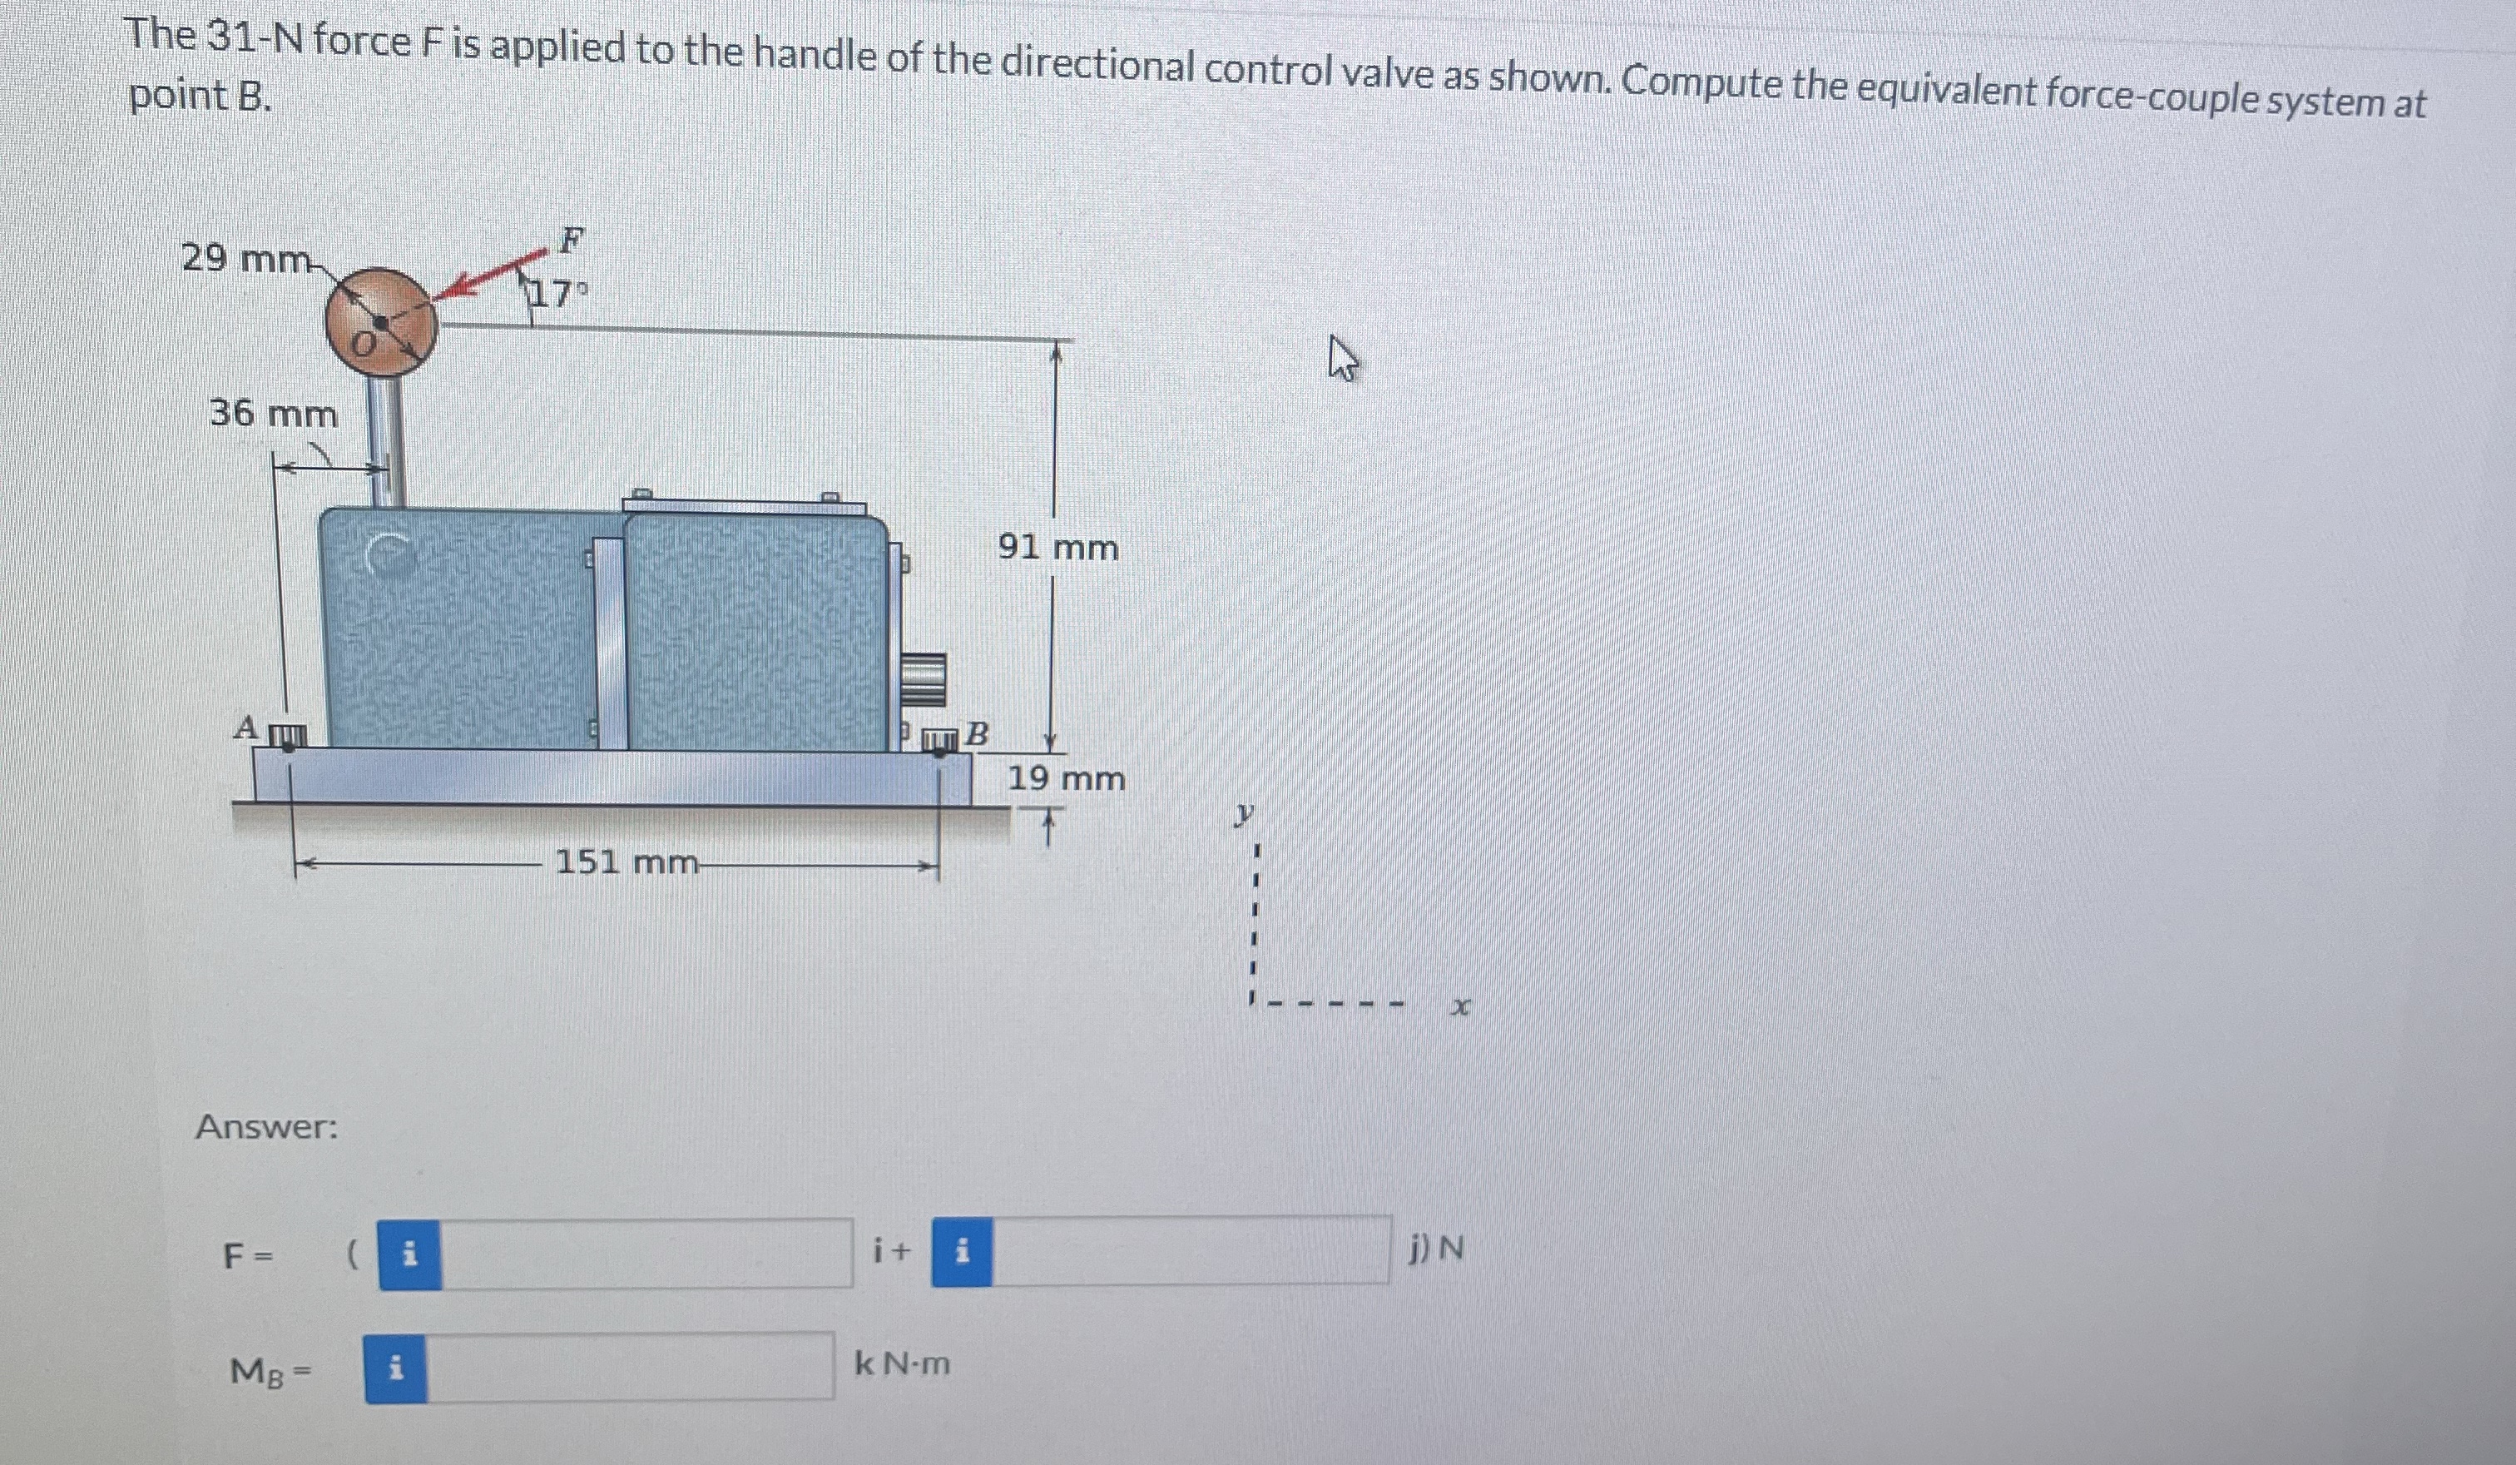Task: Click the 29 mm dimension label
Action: click(245, 259)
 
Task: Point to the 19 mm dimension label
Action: click(1065, 779)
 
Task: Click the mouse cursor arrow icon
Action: click(1343, 360)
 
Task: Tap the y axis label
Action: click(1242, 815)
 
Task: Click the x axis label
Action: click(1461, 1009)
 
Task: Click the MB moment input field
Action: click(630, 1366)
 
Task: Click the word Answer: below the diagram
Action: click(266, 1127)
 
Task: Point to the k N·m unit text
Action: click(903, 1363)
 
